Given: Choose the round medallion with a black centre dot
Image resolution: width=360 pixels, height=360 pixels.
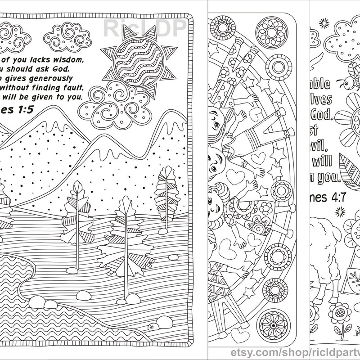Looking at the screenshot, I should (x=273, y=325).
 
